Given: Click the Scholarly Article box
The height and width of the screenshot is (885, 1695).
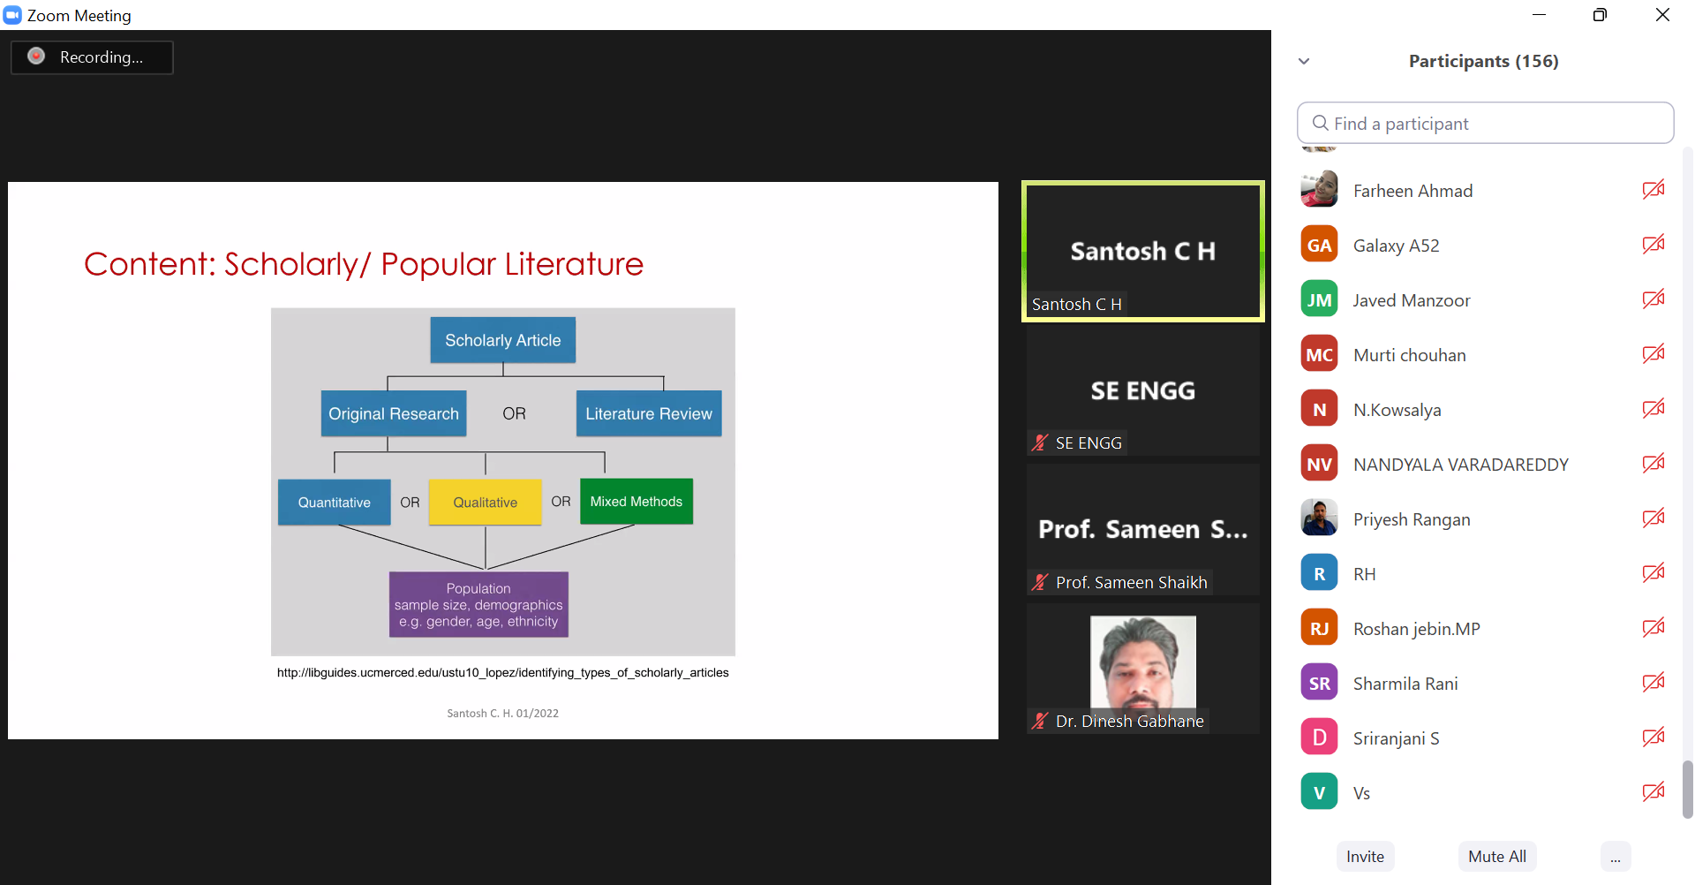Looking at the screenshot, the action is (x=502, y=340).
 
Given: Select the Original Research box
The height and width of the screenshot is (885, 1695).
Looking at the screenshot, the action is (x=393, y=413).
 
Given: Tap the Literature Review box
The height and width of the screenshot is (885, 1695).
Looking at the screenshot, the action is (x=649, y=413).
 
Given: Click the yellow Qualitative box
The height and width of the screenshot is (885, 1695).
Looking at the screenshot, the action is (x=485, y=502).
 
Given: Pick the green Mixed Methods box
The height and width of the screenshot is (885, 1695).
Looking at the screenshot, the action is (x=637, y=501).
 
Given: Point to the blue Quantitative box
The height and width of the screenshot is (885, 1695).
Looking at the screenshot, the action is (x=334, y=502).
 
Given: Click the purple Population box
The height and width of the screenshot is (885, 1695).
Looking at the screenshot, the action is (x=478, y=604).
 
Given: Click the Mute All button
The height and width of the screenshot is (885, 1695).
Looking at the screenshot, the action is (x=1497, y=856).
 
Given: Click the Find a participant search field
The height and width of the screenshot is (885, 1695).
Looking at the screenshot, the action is (x=1485, y=123).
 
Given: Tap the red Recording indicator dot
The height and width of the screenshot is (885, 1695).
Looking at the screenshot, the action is (x=36, y=57).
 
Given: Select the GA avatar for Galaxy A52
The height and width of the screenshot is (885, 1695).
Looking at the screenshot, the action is (x=1319, y=245).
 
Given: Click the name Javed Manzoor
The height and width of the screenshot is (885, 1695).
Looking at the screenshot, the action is (x=1412, y=300).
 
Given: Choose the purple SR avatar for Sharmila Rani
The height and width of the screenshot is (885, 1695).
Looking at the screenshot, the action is (x=1319, y=683).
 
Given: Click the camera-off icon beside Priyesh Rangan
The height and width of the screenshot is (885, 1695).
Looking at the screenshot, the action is (x=1654, y=518).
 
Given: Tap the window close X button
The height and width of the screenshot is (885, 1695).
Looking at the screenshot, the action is (x=1662, y=15).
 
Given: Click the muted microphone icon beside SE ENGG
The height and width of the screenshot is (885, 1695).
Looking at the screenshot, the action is (x=1041, y=442).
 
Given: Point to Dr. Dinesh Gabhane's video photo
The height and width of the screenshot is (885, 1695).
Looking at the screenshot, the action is (x=1143, y=669).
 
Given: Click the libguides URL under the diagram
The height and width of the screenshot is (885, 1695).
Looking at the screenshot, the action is (x=502, y=672).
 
